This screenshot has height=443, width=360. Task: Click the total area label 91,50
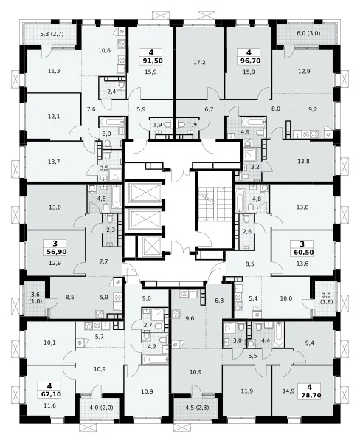point(151,61)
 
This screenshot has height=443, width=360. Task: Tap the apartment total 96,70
point(249,61)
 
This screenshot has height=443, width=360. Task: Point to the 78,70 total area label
point(309,395)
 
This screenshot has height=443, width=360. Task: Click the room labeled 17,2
point(199,63)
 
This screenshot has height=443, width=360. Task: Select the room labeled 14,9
point(302,391)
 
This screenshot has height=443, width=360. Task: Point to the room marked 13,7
point(54,162)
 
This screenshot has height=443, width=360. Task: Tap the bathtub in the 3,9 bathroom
point(111,122)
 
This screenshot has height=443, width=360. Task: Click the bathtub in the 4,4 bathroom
point(278,334)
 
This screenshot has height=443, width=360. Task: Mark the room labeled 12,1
point(54,117)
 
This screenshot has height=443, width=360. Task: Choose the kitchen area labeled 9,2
point(313,109)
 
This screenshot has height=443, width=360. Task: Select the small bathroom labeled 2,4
point(112,88)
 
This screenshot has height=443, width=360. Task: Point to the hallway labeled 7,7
point(103,261)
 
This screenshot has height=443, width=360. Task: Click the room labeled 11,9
point(247,391)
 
